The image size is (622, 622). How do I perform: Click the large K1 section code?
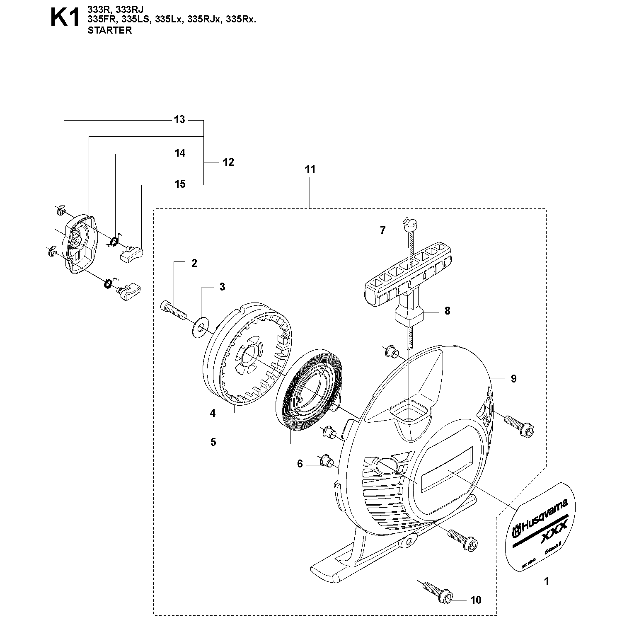point(65,19)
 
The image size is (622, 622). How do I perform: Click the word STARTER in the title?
point(110,30)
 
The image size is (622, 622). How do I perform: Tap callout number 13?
point(179,120)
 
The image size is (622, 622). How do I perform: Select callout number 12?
point(228,162)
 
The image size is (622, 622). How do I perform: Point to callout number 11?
point(310,169)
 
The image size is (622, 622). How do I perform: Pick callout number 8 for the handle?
point(447,311)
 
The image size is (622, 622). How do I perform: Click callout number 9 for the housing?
point(513,378)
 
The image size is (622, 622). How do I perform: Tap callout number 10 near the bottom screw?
point(476,600)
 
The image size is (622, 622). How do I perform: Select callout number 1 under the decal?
point(546,581)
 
